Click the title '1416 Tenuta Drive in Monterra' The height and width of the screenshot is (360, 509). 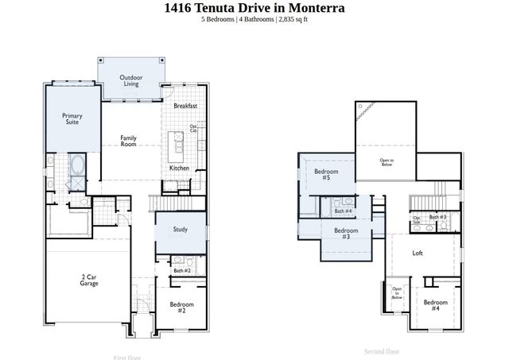coord(254,9)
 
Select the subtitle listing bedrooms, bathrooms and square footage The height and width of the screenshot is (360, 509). coord(254,21)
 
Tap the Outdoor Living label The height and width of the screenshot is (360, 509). coord(130,80)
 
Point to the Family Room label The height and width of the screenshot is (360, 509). coord(128,141)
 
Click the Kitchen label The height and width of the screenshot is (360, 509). coord(179,168)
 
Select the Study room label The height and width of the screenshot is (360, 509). coord(181,230)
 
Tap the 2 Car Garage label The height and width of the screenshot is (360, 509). coord(90,281)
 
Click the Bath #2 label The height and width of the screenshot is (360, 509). coord(181,271)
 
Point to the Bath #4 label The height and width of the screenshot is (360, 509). coord(343,211)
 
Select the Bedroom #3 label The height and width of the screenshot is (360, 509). coord(345,234)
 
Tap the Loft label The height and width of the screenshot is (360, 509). coord(418,254)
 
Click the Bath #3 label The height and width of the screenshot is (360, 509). coord(438,217)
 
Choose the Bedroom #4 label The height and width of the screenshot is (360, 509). coord(435,304)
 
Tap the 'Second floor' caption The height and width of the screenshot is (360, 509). coord(381,350)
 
